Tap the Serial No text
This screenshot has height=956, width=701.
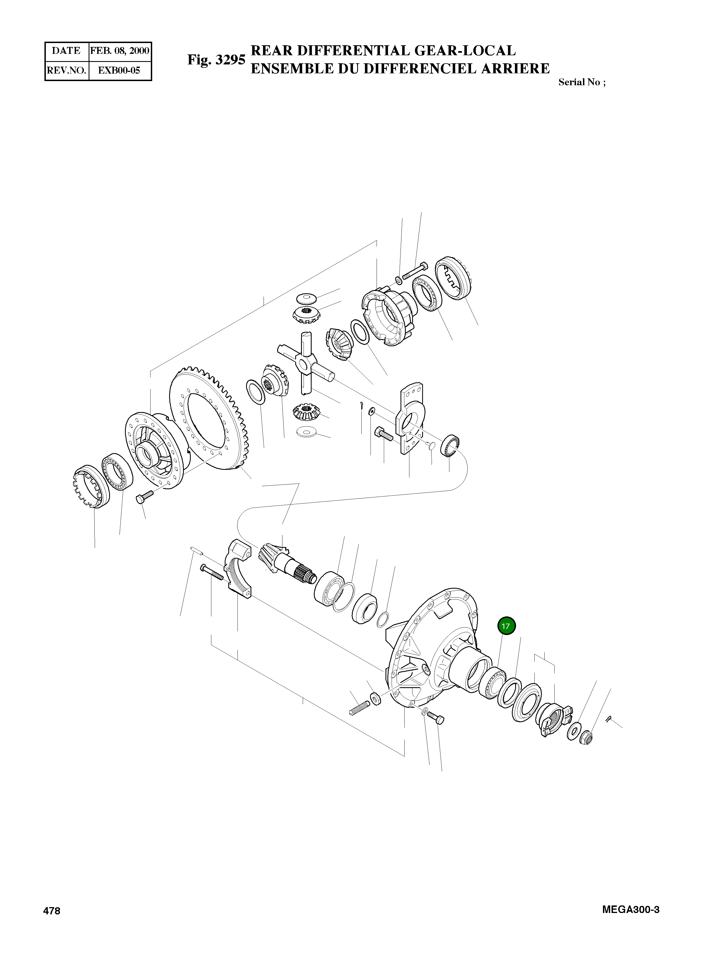point(581,82)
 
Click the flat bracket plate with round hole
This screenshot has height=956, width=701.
point(409,418)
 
